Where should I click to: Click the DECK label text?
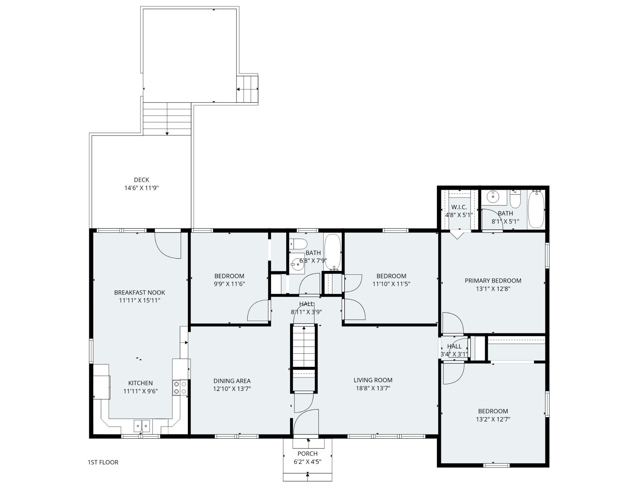[x=141, y=180]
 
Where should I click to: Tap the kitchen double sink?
[x=142, y=426]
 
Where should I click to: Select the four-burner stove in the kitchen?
[x=180, y=388]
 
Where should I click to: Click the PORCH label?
[x=307, y=453]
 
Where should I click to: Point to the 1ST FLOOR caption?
[x=103, y=462]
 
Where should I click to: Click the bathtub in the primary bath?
[x=536, y=209]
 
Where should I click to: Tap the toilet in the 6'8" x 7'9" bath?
[x=299, y=244]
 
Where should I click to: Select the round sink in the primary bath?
[x=493, y=197]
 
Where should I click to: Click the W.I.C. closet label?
[x=459, y=207]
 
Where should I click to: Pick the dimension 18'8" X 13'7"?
[x=373, y=388]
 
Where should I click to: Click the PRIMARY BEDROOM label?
[x=493, y=280]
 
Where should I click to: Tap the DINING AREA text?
[x=232, y=381]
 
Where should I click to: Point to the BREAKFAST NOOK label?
[x=140, y=292]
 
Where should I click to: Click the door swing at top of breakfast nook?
[x=168, y=245]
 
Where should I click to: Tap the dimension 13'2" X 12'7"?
[x=493, y=419]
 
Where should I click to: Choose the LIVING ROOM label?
[x=373, y=380]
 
